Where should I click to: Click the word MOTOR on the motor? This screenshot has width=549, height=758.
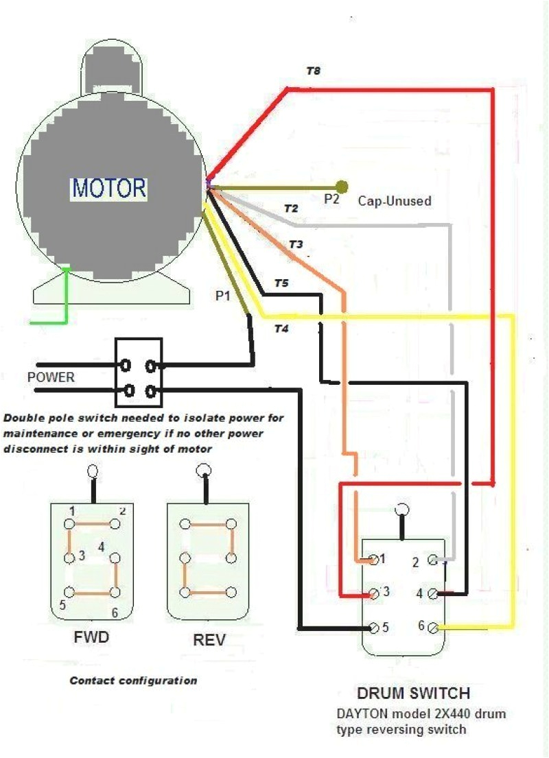coord(109,187)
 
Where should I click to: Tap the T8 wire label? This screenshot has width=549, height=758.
coord(313,71)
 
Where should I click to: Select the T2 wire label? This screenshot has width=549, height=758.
coord(291,209)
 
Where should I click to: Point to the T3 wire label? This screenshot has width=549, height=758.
coord(295,244)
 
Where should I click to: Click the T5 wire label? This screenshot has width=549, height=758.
coord(281,283)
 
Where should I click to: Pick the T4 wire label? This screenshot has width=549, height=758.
coord(281,329)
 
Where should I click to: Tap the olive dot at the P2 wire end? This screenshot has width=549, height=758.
coord(342,187)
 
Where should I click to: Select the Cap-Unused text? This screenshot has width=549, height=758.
coord(395,202)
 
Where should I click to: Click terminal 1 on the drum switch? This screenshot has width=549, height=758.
coord(374,560)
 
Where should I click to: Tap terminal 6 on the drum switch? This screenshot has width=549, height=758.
coord(432,626)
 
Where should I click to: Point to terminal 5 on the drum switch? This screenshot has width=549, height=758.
coord(374,627)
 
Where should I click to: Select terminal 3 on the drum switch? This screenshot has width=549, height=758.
coord(374,593)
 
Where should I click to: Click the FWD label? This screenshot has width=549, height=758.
coord(91,638)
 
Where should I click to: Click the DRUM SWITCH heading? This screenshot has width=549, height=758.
coord(413,693)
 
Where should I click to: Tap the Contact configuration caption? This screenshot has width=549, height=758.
coord(133,681)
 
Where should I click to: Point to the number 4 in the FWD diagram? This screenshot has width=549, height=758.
coord(101,547)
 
